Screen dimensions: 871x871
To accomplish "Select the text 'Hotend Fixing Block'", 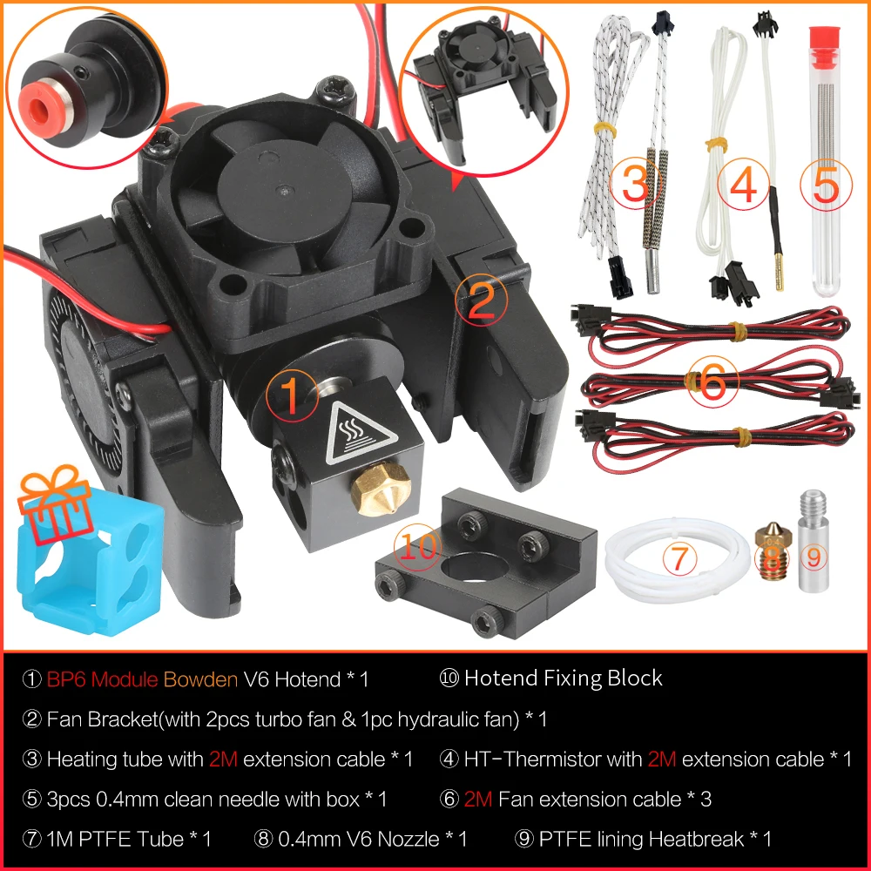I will [x=563, y=679].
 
